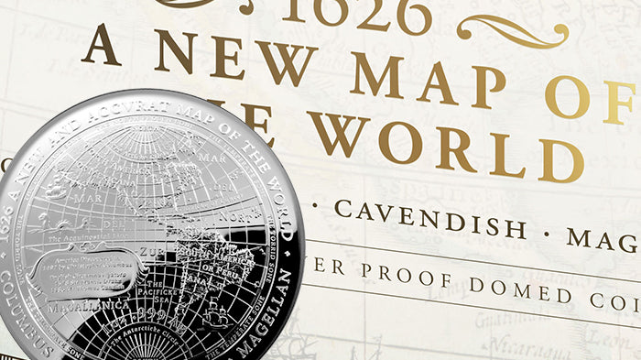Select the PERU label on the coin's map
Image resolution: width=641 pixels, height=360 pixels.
(243, 267)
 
